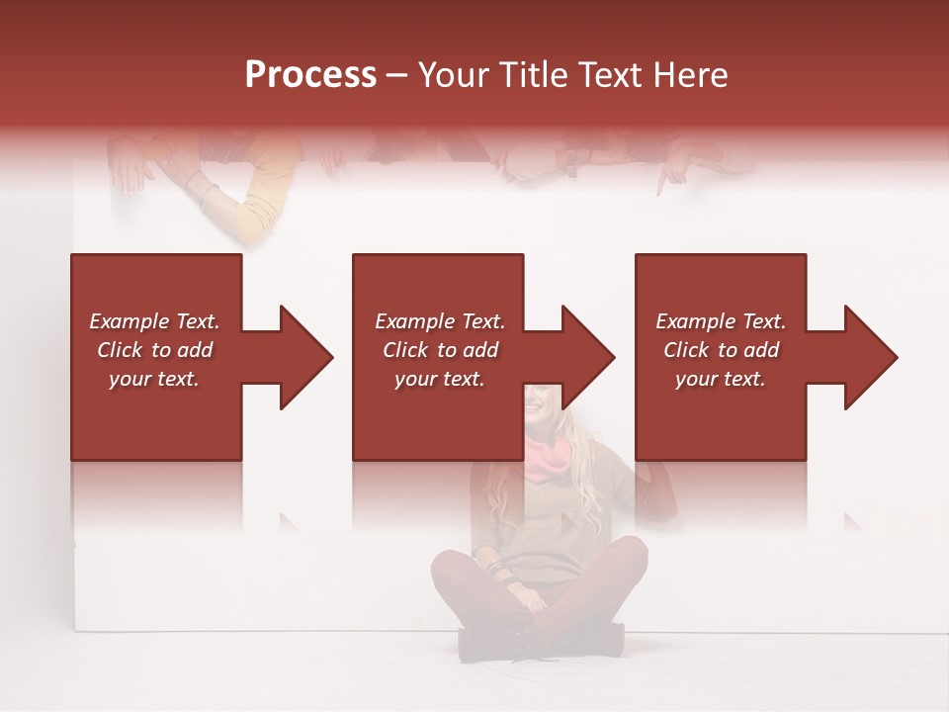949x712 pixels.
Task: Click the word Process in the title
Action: pos(310,74)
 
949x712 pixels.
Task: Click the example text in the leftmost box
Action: pos(154,350)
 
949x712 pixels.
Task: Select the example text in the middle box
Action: pos(440,350)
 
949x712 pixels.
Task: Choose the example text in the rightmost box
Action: pos(721,350)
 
